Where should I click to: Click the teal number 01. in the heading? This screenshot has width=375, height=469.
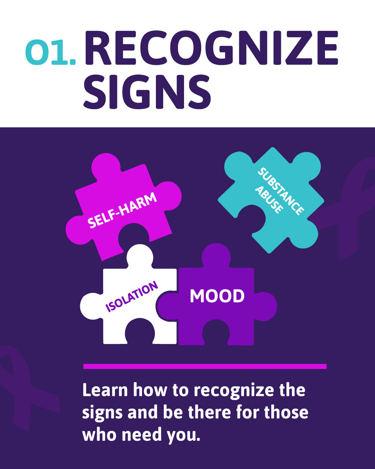point(50,53)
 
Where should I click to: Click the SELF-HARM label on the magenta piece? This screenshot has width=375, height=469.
point(122,211)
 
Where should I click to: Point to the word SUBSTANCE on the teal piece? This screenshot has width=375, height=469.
point(281,191)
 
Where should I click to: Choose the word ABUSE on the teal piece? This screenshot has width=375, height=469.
point(269,200)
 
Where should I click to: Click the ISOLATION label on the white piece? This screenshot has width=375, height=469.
point(132,297)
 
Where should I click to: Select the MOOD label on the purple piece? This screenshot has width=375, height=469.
point(217,296)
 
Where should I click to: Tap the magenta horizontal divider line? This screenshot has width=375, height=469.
point(205,366)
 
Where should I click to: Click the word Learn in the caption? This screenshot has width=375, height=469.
point(105,390)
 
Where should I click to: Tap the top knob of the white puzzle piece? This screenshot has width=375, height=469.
point(140,255)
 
